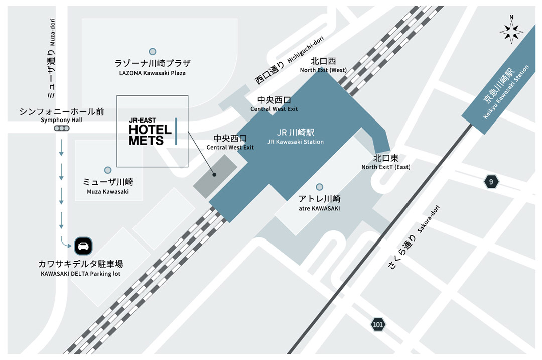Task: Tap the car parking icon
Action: (x=83, y=246)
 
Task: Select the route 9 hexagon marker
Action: (x=491, y=182)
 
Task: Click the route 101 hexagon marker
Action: (x=378, y=324)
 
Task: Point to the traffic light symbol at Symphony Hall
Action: (x=62, y=129)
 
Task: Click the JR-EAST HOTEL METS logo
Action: (x=153, y=132)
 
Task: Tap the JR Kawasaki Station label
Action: (x=296, y=137)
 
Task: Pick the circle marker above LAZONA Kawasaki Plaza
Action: (x=152, y=51)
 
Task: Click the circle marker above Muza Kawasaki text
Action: (x=107, y=170)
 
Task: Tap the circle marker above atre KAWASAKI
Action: (x=319, y=187)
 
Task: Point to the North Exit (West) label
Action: (x=323, y=65)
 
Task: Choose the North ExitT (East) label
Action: (x=385, y=162)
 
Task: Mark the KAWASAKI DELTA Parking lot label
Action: (x=81, y=268)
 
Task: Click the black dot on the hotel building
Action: (x=214, y=175)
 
